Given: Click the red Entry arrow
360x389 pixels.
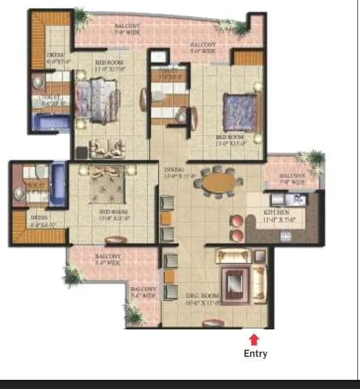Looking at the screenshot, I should [x=255, y=339].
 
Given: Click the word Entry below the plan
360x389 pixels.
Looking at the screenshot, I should [x=255, y=354].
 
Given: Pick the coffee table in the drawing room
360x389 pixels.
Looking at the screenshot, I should [x=232, y=282].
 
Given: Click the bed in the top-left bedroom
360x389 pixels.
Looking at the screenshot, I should [x=91, y=100].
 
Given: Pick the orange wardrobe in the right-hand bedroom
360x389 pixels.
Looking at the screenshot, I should [x=247, y=59].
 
